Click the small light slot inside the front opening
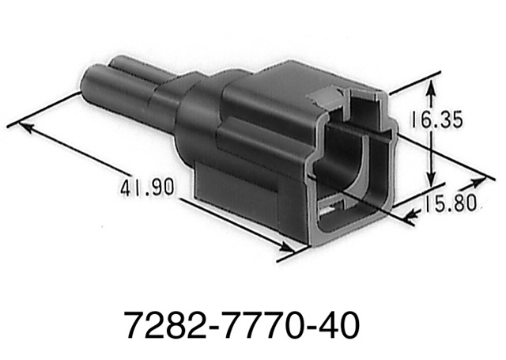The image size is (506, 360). pyautogui.click(x=334, y=209)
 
